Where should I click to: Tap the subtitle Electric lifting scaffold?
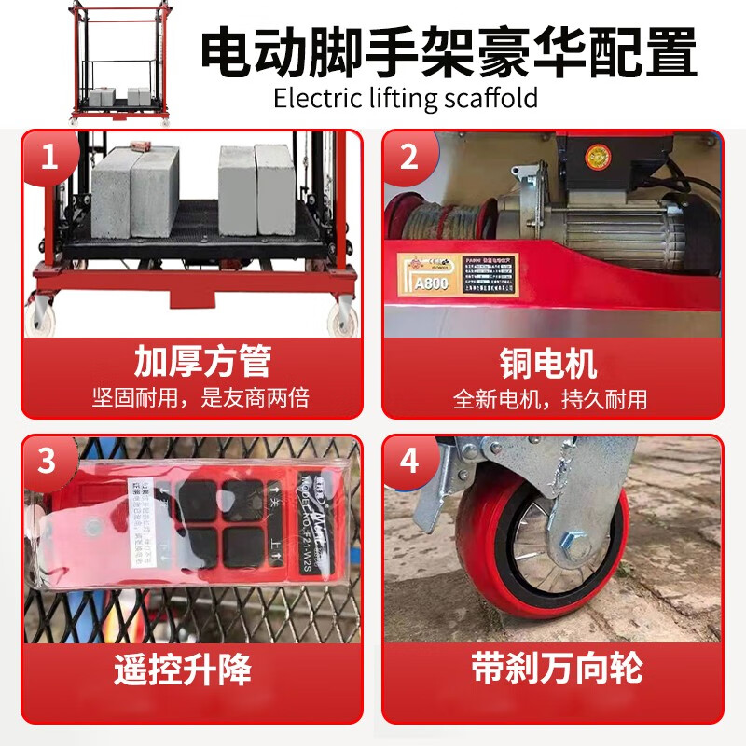[x=406, y=97]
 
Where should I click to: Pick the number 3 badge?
[x=49, y=461]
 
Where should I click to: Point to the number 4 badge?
[x=408, y=461]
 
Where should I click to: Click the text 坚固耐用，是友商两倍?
[x=201, y=399]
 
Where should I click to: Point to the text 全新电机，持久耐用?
[x=550, y=399]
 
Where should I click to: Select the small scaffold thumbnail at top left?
[x=120, y=62]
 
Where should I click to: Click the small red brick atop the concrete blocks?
[x=143, y=146]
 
